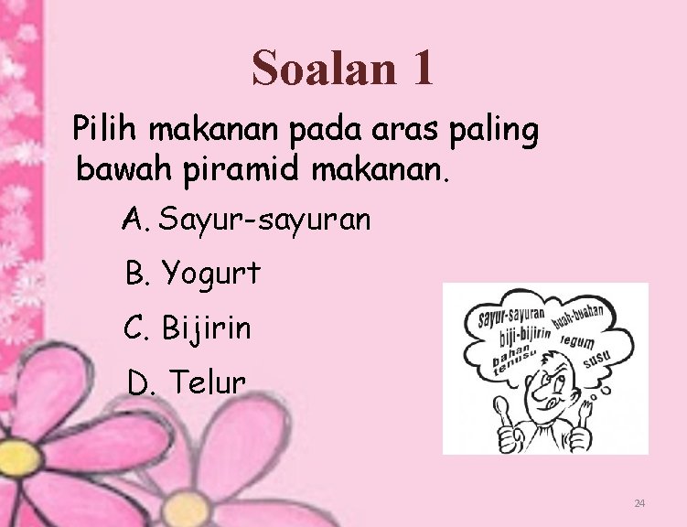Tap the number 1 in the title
coord(422,69)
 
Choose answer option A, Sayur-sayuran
coord(247,220)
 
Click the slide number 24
coord(639,504)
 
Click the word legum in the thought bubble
coord(578,339)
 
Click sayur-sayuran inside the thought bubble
coord(510,317)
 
